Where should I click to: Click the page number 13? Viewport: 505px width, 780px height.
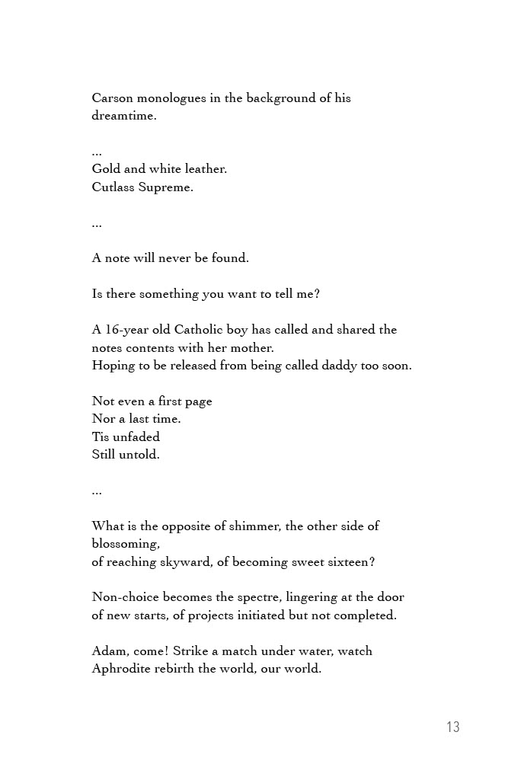453,727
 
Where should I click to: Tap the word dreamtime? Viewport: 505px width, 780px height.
123,117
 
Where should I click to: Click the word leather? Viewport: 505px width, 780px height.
206,169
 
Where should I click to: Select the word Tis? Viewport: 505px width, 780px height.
101,436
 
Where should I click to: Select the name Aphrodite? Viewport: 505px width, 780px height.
123,670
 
